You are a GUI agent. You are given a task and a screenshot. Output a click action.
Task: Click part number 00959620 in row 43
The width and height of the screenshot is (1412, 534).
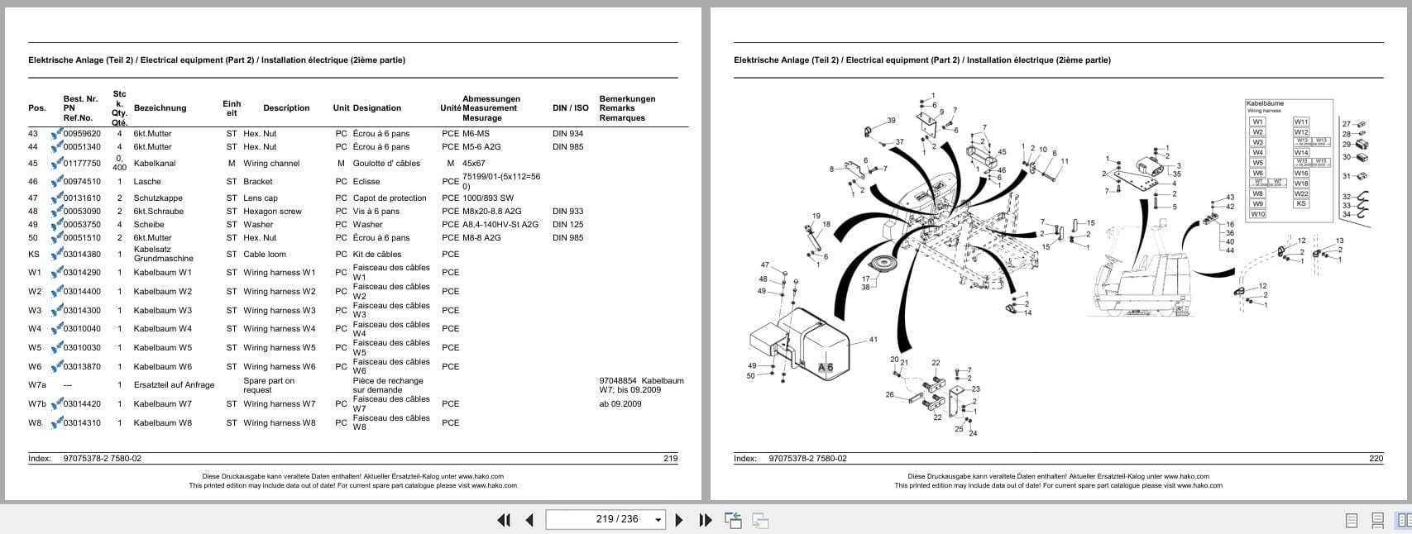pyautogui.click(x=82, y=134)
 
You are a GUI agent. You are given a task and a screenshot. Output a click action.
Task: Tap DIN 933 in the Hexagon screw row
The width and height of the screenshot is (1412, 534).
pyautogui.click(x=567, y=212)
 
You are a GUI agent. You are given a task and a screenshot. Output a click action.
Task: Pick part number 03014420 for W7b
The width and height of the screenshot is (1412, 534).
pyautogui.click(x=82, y=404)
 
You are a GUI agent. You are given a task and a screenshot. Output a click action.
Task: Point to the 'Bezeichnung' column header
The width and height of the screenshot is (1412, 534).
pyautogui.click(x=160, y=108)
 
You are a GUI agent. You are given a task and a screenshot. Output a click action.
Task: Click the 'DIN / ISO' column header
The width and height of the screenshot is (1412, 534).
pyautogui.click(x=570, y=108)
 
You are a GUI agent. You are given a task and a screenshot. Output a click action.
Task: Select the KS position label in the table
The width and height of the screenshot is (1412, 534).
pyautogui.click(x=34, y=255)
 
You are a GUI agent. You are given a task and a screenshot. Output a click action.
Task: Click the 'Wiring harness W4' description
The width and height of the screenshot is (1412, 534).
pyautogui.click(x=279, y=329)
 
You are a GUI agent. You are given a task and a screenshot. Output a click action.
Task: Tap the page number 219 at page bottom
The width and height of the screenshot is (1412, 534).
pyautogui.click(x=670, y=459)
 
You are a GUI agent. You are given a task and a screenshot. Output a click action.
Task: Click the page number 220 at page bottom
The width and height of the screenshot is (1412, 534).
pyautogui.click(x=1376, y=459)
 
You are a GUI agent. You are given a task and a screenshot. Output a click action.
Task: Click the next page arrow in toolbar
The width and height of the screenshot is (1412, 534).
pyautogui.click(x=679, y=520)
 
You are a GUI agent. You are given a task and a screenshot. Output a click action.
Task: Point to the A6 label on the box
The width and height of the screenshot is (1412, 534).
pyautogui.click(x=826, y=368)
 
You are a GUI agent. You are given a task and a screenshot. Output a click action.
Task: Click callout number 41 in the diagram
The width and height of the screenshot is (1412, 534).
pyautogui.click(x=873, y=340)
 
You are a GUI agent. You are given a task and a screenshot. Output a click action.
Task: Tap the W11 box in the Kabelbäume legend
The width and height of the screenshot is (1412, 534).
pyautogui.click(x=1301, y=122)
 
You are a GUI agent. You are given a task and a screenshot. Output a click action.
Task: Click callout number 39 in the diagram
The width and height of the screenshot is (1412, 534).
pyautogui.click(x=891, y=121)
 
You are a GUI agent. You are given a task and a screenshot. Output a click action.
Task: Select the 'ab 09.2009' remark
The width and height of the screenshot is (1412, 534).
pyautogui.click(x=620, y=404)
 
